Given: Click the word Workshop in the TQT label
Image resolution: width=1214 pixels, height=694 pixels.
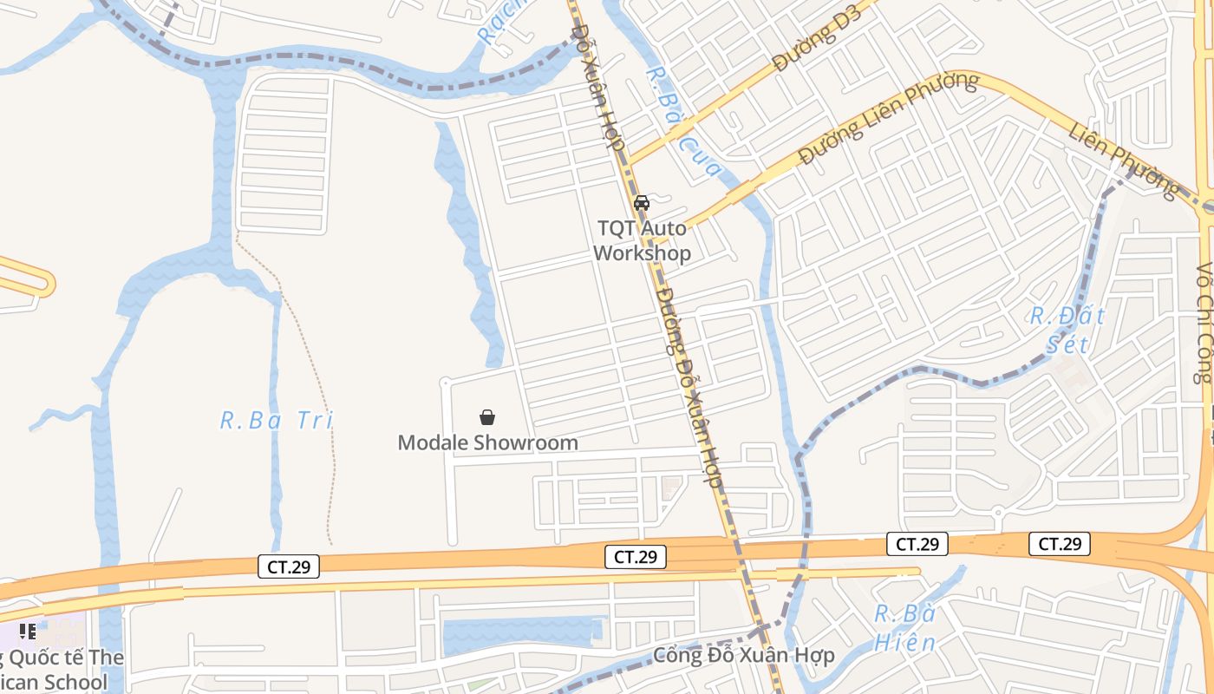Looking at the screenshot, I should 643,253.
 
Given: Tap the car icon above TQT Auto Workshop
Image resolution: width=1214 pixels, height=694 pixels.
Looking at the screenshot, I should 642,203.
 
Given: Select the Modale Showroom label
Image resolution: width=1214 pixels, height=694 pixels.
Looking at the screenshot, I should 487,442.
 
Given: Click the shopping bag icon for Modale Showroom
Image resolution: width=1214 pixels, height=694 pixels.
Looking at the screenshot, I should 487,417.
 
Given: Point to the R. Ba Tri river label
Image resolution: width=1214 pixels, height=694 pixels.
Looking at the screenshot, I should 276,422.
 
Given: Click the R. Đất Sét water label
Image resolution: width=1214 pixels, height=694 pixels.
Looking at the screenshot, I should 1067,329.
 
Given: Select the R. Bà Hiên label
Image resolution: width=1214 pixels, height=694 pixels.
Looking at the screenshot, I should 904,628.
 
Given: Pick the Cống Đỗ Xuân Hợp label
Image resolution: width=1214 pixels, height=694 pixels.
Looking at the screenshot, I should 743,655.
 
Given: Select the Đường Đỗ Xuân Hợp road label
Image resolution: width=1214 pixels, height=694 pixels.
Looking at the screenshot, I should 701,385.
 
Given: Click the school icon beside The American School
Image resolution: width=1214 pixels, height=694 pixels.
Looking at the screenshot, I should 28,631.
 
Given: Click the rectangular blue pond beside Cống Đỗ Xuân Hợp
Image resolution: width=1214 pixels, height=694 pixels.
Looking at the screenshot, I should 521,632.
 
